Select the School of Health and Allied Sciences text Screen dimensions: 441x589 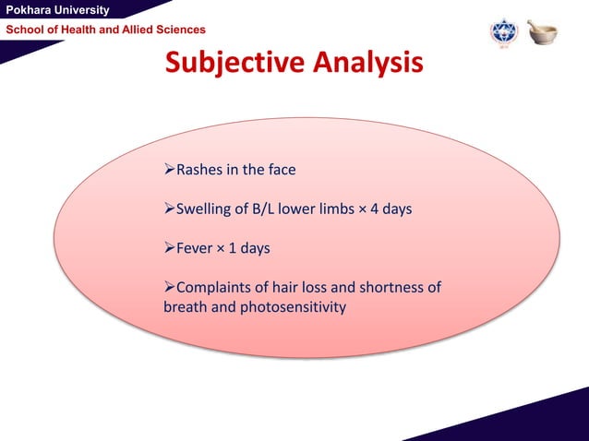(x=106, y=30)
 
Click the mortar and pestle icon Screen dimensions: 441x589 (x=542, y=31)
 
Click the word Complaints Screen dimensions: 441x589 (x=215, y=288)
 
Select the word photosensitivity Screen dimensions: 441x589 (x=292, y=306)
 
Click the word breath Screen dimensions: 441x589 (x=186, y=306)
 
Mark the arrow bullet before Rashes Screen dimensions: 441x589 (x=169, y=170)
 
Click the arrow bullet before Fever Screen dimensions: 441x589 (x=169, y=249)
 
